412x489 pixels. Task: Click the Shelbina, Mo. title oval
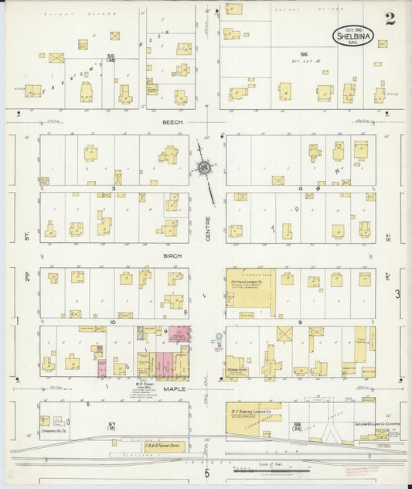pos(351,36)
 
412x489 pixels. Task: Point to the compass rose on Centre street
pos(205,167)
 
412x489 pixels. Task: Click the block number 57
pos(112,425)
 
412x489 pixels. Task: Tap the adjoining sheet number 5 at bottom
pos(206,473)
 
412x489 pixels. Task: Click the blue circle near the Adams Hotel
pos(219,337)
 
